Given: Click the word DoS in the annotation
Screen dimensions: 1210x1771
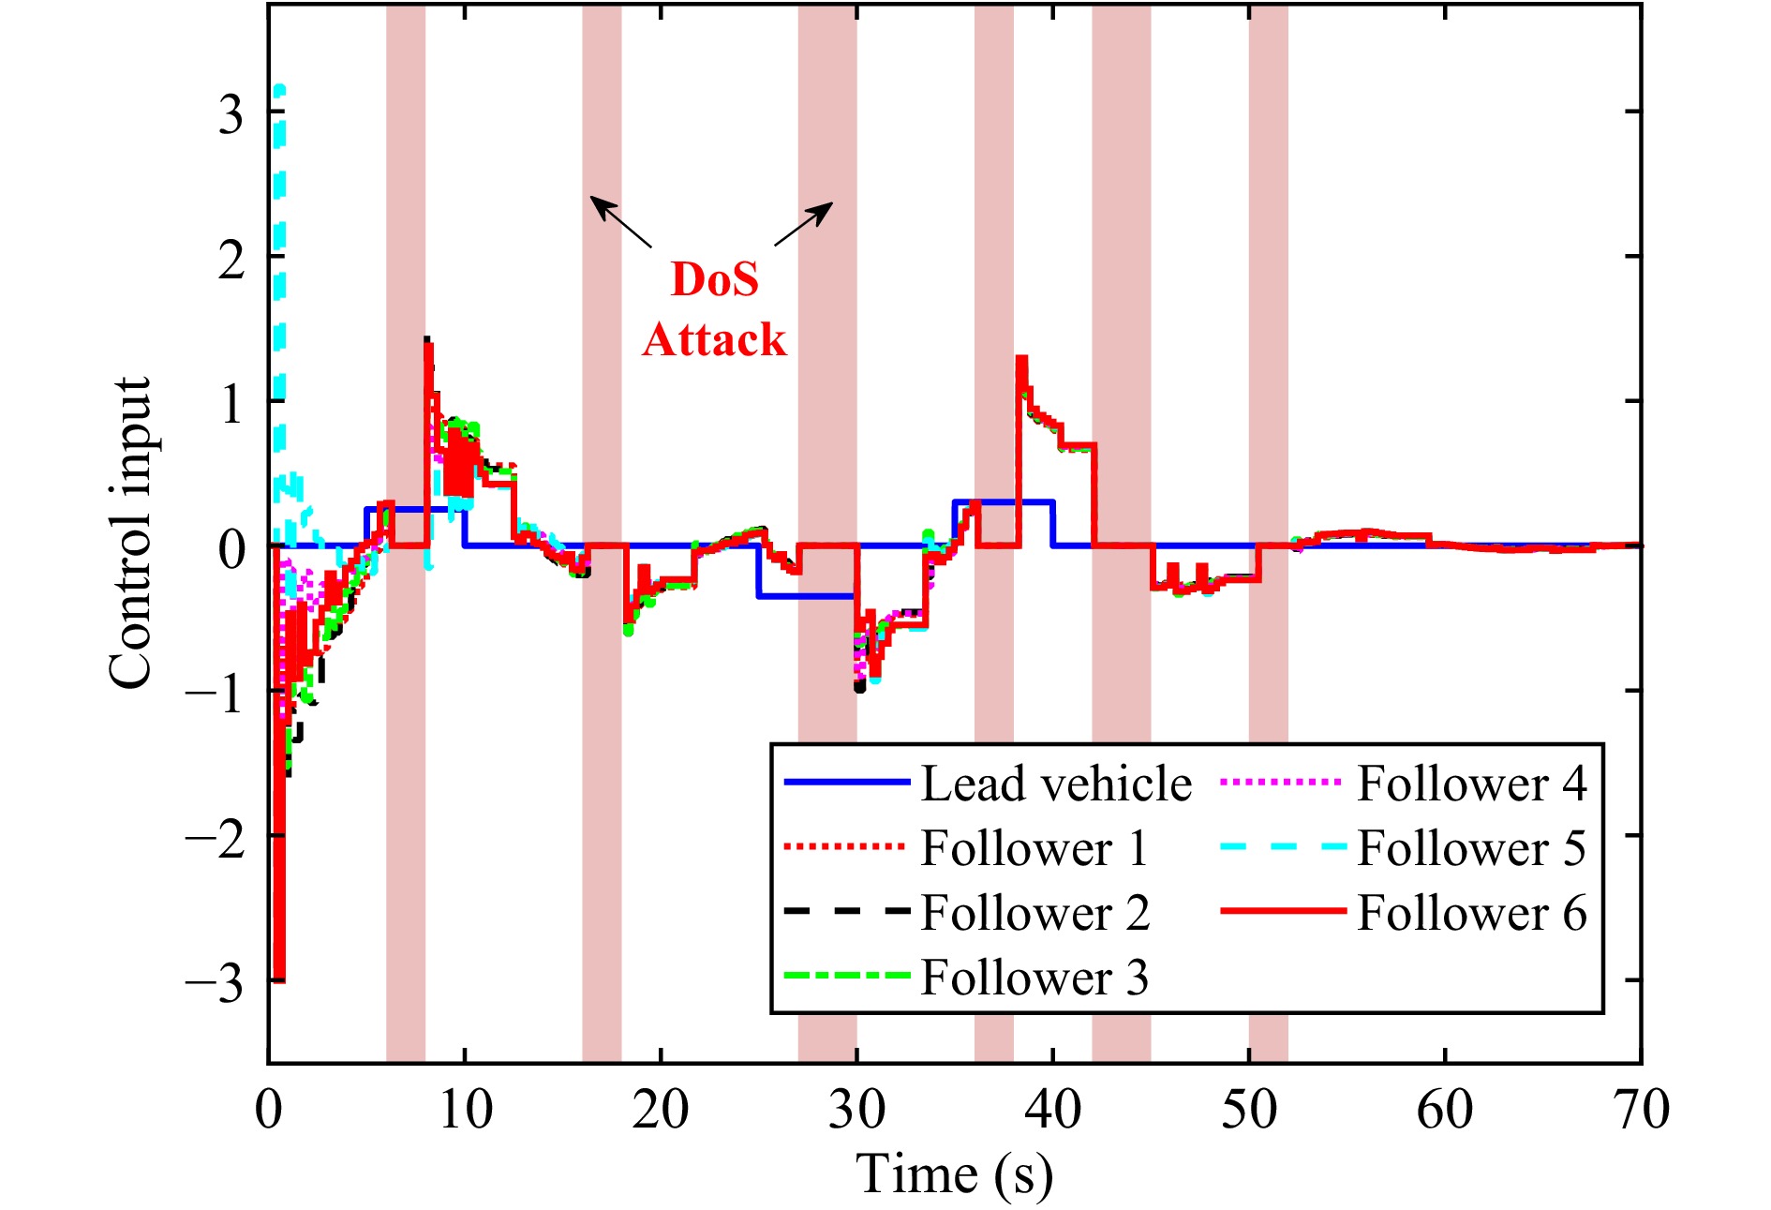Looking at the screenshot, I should [x=714, y=279].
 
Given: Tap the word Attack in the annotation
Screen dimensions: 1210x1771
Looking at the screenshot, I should [x=714, y=339].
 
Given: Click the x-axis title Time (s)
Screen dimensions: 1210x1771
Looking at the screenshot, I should [x=954, y=1174].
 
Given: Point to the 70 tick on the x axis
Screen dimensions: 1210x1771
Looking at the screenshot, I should [x=1641, y=1111].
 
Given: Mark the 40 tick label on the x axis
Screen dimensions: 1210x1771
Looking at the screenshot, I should [x=1052, y=1111].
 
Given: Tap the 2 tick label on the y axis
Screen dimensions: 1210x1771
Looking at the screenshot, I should [x=230, y=259].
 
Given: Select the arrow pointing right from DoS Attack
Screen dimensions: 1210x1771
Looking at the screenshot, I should [x=804, y=223].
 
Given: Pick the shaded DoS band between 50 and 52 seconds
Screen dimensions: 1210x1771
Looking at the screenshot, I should [x=1268, y=375].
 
